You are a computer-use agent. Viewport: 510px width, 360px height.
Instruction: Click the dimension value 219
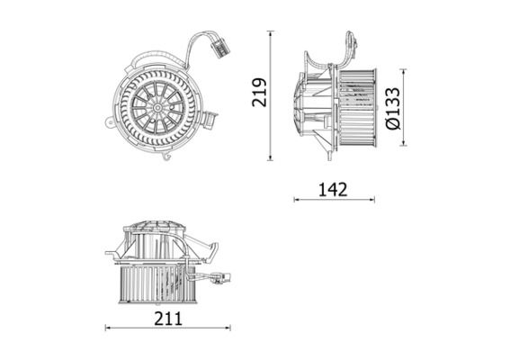tap(260, 93)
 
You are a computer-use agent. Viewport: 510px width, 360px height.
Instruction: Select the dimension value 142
tap(333, 190)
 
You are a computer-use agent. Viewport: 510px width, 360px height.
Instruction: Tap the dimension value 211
tap(168, 319)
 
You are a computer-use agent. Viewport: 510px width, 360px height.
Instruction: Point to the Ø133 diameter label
tap(392, 108)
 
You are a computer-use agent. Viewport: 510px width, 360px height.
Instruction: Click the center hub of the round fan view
tap(157, 107)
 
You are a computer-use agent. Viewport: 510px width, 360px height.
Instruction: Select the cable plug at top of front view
tap(220, 48)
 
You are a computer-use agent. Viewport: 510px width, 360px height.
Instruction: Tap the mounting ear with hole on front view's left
tap(110, 122)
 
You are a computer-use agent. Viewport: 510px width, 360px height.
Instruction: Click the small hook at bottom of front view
tap(167, 157)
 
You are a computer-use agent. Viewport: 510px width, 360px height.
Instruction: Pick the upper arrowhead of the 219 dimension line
tap(270, 33)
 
